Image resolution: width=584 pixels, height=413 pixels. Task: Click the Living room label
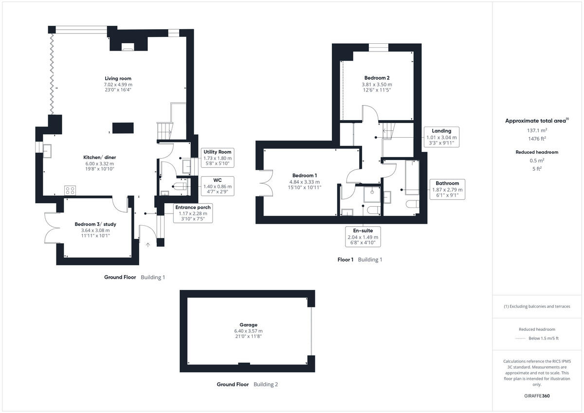tap(118, 78)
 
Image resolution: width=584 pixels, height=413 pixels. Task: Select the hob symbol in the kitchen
tap(70, 190)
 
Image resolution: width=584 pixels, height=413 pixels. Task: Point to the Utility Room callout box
tap(218, 158)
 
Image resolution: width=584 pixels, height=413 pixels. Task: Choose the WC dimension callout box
tap(218, 186)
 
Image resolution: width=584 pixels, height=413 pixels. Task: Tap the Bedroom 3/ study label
tap(92, 224)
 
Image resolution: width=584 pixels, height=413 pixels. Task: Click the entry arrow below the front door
tap(148, 245)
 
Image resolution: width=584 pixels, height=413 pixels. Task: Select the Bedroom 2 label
tap(377, 78)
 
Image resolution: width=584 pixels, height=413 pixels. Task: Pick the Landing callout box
tap(441, 137)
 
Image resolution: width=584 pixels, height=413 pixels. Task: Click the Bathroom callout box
tap(447, 189)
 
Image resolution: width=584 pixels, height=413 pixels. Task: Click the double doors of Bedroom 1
tap(266, 184)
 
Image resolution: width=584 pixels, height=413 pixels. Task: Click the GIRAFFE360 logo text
tap(536, 396)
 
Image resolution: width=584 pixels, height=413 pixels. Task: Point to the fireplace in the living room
tap(128, 47)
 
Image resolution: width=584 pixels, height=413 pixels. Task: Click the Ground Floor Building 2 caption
tap(247, 384)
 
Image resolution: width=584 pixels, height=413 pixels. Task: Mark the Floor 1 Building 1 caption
tap(360, 260)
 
